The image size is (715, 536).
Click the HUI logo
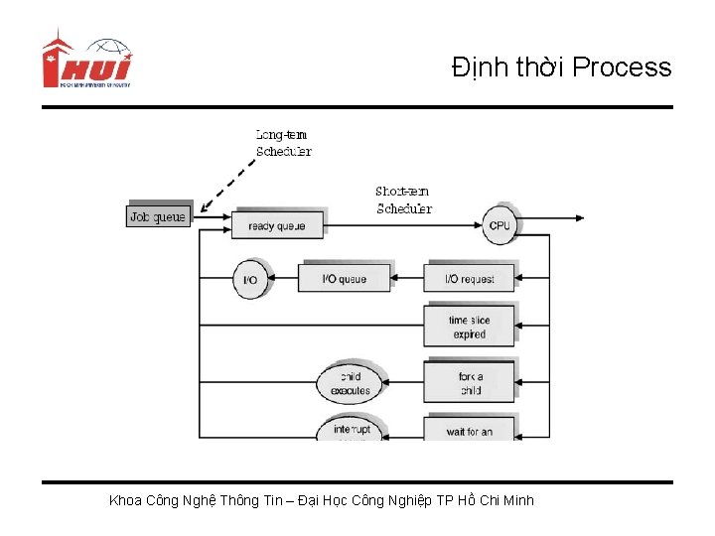(x=87, y=62)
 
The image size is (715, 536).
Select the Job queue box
(x=158, y=216)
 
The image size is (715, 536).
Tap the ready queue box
(x=277, y=225)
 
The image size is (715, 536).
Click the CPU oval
(x=500, y=225)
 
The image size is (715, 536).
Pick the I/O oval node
(x=250, y=279)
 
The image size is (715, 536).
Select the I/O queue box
(x=344, y=279)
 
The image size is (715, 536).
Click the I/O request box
(x=470, y=279)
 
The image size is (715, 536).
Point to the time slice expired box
(x=470, y=327)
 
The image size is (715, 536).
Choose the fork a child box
(x=470, y=383)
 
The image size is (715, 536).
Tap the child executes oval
(x=350, y=383)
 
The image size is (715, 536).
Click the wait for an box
(x=470, y=429)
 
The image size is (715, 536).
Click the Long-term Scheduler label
(x=283, y=143)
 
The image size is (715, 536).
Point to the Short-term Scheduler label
(x=403, y=200)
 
